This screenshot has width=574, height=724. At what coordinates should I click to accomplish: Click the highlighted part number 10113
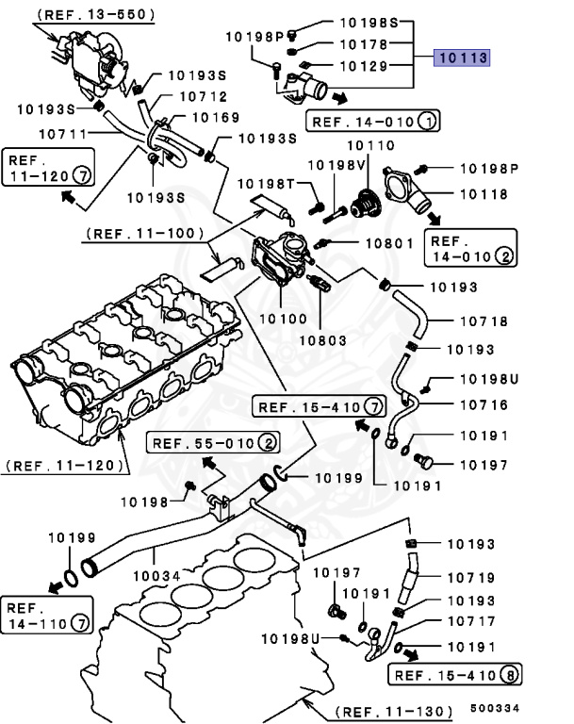(462, 58)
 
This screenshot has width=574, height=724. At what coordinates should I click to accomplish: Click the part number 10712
(203, 95)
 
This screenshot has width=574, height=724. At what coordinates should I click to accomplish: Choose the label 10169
(215, 119)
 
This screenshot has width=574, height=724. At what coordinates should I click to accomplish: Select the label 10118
(484, 194)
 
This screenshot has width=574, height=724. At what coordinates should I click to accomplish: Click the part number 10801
(389, 243)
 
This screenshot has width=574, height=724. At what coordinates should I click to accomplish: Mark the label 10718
(484, 322)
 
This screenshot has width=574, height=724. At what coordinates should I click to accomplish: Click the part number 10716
(484, 405)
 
